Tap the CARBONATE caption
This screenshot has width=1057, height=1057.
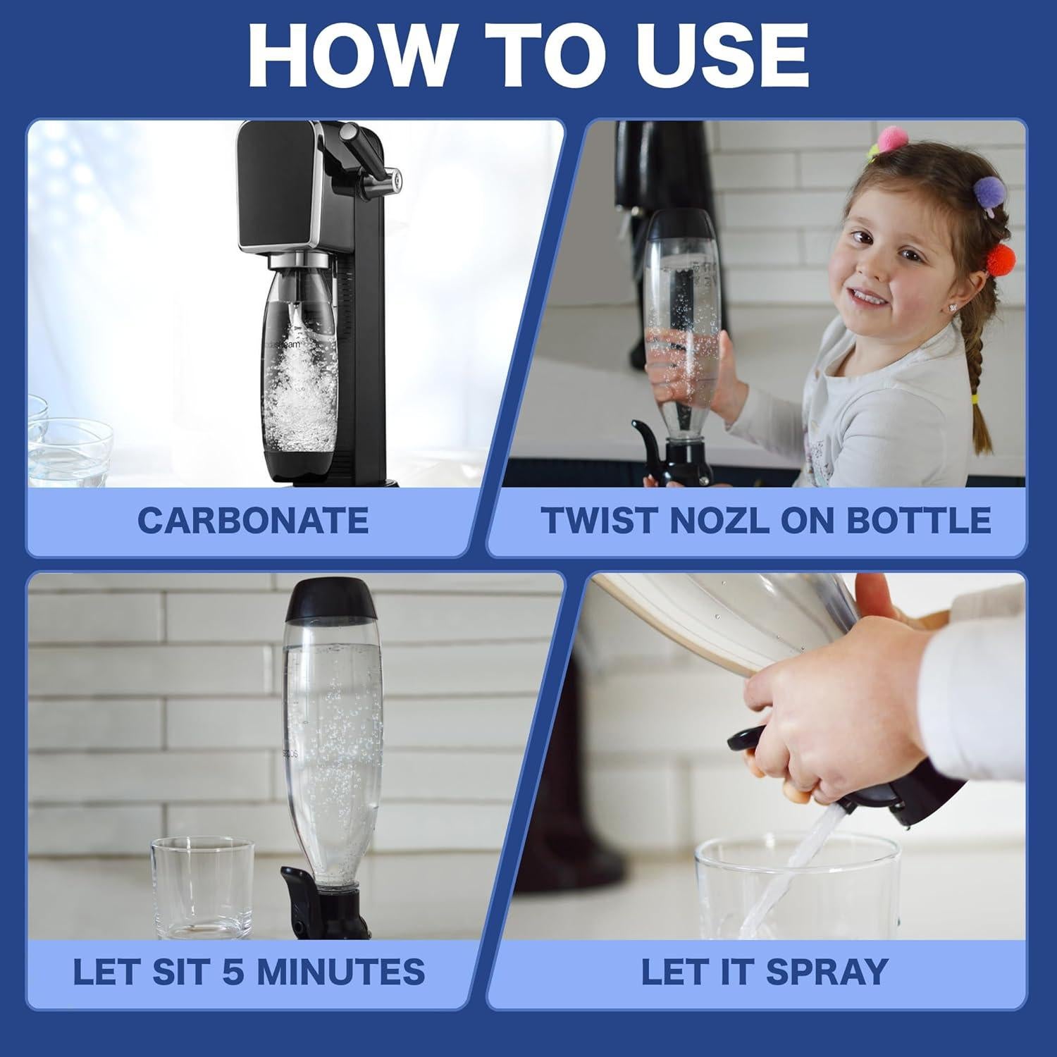coord(253,521)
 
